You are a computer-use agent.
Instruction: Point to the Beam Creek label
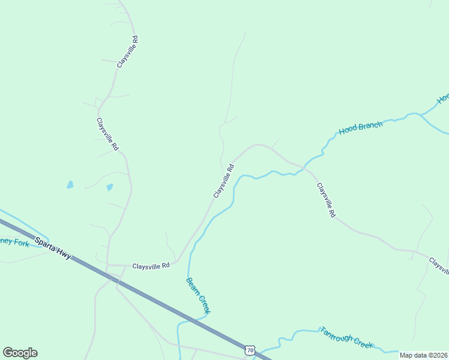198,295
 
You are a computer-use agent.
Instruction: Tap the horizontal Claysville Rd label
151,265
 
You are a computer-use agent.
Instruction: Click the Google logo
20,353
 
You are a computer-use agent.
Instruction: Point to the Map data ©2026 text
424,355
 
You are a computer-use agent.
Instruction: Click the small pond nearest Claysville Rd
110,187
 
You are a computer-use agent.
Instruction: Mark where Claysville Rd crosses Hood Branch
303,168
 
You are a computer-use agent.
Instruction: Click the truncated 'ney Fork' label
14,242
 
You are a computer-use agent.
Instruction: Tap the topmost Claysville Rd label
127,51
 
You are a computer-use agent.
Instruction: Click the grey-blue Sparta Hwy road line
150,297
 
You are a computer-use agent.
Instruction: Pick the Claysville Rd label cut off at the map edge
438,263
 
